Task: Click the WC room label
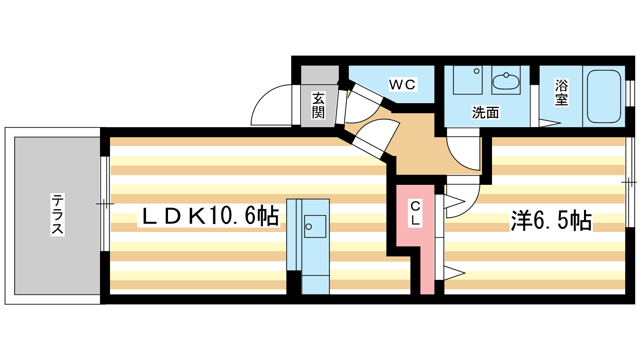pyautogui.click(x=402, y=84)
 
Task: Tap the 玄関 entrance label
pyautogui.click(x=318, y=105)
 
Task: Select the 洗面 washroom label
pyautogui.click(x=486, y=113)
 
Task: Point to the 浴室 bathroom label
pyautogui.click(x=561, y=92)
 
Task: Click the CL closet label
pyautogui.click(x=415, y=213)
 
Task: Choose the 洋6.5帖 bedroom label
pyautogui.click(x=551, y=220)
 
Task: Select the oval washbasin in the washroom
pyautogui.click(x=506, y=82)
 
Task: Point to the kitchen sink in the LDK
pyautogui.click(x=315, y=226)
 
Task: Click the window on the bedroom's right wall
pyautogui.click(x=630, y=182)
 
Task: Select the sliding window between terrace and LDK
pyautogui.click(x=105, y=204)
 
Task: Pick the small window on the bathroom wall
pyautogui.click(x=630, y=93)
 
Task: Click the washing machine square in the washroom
pyautogui.click(x=467, y=80)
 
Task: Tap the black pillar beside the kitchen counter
pyautogui.click(x=294, y=282)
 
